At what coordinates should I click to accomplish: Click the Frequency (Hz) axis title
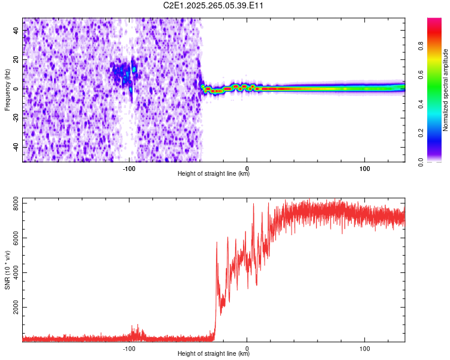(x=7, y=90)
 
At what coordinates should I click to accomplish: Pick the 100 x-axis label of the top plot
(x=364, y=168)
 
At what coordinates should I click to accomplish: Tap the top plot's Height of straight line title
(x=214, y=173)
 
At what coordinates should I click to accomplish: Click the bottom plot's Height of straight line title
(x=214, y=353)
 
